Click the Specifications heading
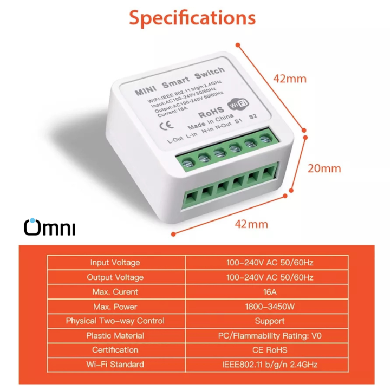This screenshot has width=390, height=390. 192,18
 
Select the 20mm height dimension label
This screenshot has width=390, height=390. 324,168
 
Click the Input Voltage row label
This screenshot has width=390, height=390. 115,263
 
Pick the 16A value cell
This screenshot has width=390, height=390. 269,292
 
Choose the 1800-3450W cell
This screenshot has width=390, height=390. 269,307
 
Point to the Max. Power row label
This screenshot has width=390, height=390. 115,307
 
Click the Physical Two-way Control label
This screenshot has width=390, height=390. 115,321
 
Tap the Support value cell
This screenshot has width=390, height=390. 269,321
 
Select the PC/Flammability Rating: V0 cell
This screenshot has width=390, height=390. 269,336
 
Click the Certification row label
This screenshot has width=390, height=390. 115,350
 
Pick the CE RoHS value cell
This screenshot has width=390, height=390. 269,350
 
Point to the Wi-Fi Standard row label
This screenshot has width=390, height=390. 115,365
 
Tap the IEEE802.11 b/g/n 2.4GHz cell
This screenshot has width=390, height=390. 269,365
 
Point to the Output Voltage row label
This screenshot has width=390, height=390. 115,277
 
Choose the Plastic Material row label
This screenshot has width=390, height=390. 115,336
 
